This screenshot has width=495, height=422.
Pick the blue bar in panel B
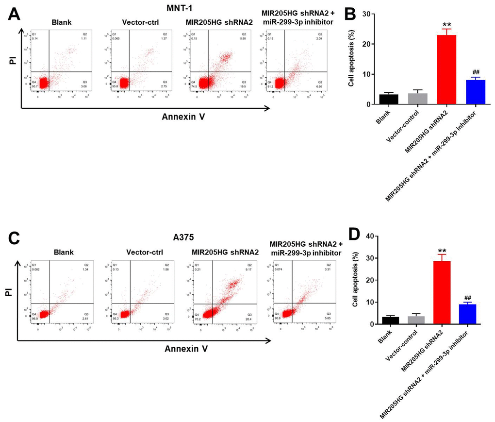[x=476, y=92]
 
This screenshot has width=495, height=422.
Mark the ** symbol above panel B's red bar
[x=447, y=24]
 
